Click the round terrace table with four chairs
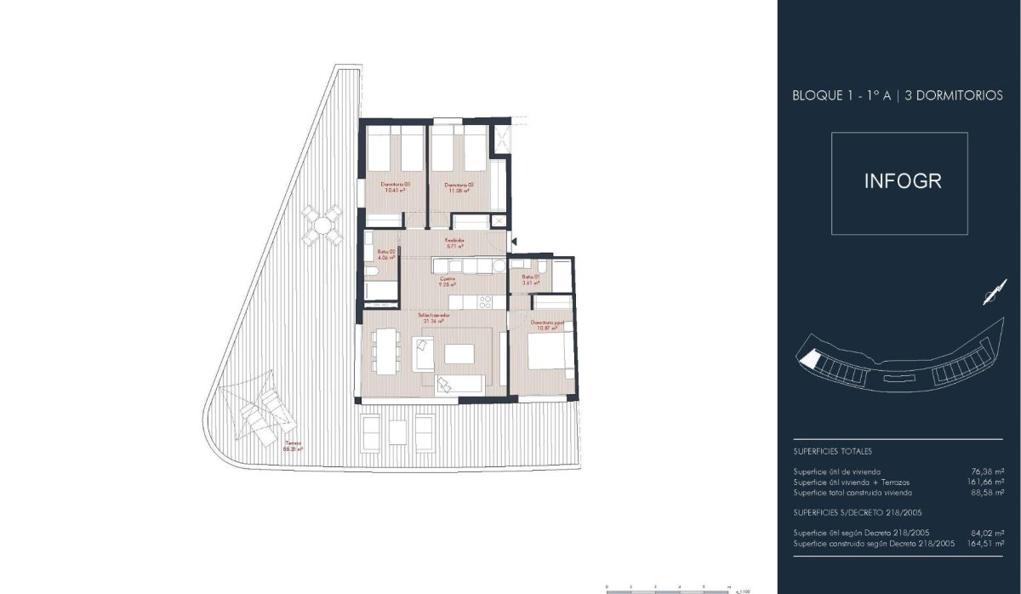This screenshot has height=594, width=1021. [322, 225]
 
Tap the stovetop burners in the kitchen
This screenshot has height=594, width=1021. [485, 301]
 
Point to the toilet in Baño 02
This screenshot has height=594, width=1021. [373, 271]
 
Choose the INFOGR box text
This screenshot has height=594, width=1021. [902, 182]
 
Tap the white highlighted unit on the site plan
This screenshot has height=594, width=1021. [812, 361]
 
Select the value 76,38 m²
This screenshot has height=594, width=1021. [987, 471]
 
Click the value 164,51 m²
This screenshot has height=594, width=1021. [987, 543]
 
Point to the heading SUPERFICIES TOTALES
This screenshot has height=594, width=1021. [832, 452]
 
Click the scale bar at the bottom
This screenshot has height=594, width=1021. [668, 587]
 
